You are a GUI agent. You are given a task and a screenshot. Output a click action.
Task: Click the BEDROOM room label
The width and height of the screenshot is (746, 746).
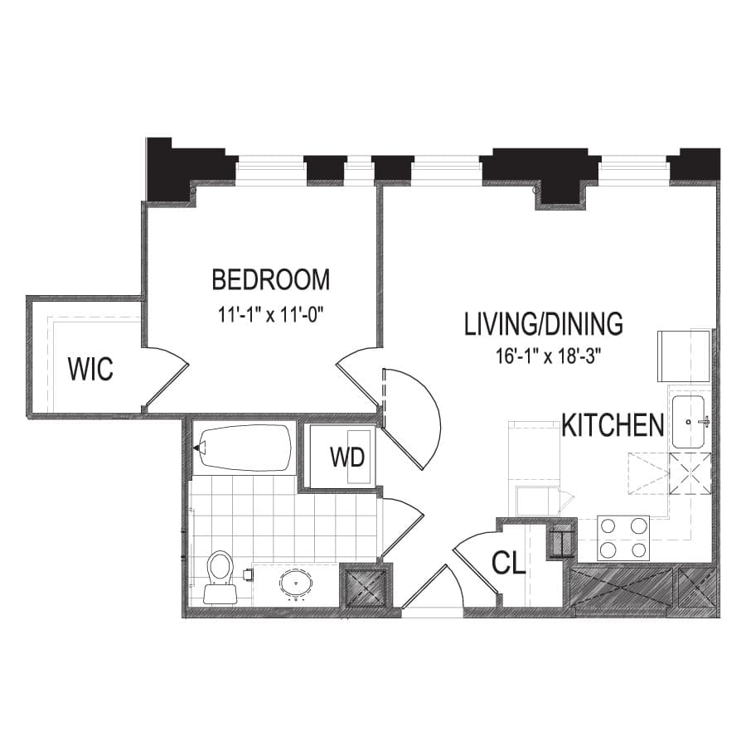click(x=271, y=280)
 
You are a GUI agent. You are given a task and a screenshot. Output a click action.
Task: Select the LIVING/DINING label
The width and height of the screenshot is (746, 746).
click(x=543, y=324)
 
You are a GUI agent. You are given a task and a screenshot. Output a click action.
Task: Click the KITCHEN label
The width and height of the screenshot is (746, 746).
click(x=613, y=425)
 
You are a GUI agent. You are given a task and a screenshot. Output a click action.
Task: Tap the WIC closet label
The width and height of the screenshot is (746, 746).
click(x=90, y=368)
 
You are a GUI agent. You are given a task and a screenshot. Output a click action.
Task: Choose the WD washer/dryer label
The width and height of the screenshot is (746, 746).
click(x=347, y=458)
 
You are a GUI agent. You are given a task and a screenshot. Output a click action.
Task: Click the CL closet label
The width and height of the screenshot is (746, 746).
click(x=508, y=562)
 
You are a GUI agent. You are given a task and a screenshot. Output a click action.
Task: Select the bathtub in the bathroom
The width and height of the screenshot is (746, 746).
click(x=244, y=448)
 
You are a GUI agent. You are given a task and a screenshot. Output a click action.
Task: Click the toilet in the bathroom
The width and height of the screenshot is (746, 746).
click(x=220, y=577)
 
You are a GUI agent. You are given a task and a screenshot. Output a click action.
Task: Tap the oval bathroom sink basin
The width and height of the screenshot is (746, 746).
click(x=297, y=583)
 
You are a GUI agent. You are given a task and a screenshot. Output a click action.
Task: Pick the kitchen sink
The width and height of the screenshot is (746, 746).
click(x=688, y=422)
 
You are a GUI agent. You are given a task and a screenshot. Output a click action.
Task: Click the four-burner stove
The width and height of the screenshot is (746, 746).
click(x=623, y=538)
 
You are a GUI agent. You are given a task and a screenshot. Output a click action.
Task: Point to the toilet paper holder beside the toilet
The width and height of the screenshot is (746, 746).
click(x=247, y=574)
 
